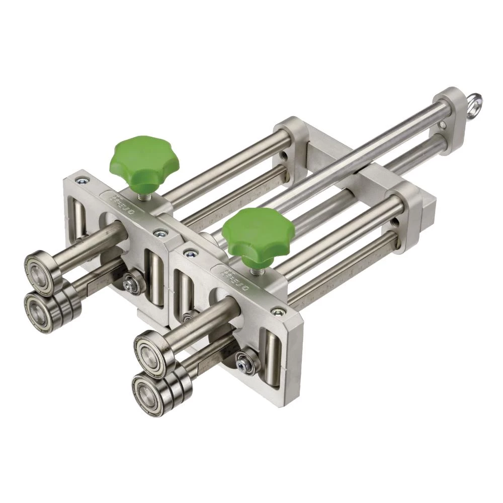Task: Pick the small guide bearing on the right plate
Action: point(247,361)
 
